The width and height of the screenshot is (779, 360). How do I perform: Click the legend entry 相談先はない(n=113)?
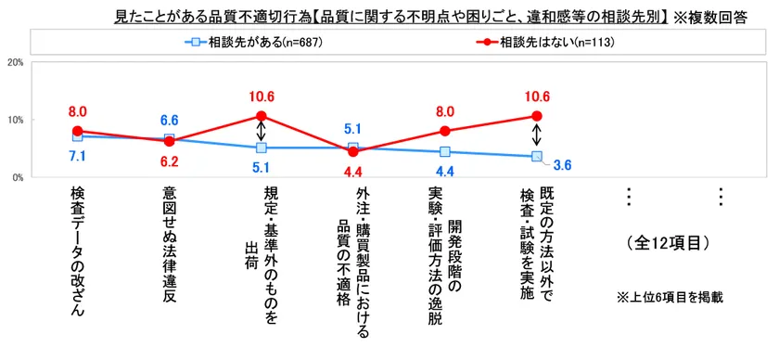[542, 43]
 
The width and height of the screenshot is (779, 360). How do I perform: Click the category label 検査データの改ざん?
[77, 251]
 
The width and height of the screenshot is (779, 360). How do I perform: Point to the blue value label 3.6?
[563, 166]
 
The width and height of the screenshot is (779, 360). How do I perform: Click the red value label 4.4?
[352, 172]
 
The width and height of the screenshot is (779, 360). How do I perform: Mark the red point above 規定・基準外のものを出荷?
[261, 117]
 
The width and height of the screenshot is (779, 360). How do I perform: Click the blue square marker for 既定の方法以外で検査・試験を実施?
[536, 157]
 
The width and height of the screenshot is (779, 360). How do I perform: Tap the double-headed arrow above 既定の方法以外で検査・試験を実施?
[536, 136]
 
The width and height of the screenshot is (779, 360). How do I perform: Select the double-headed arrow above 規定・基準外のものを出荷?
[261, 132]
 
